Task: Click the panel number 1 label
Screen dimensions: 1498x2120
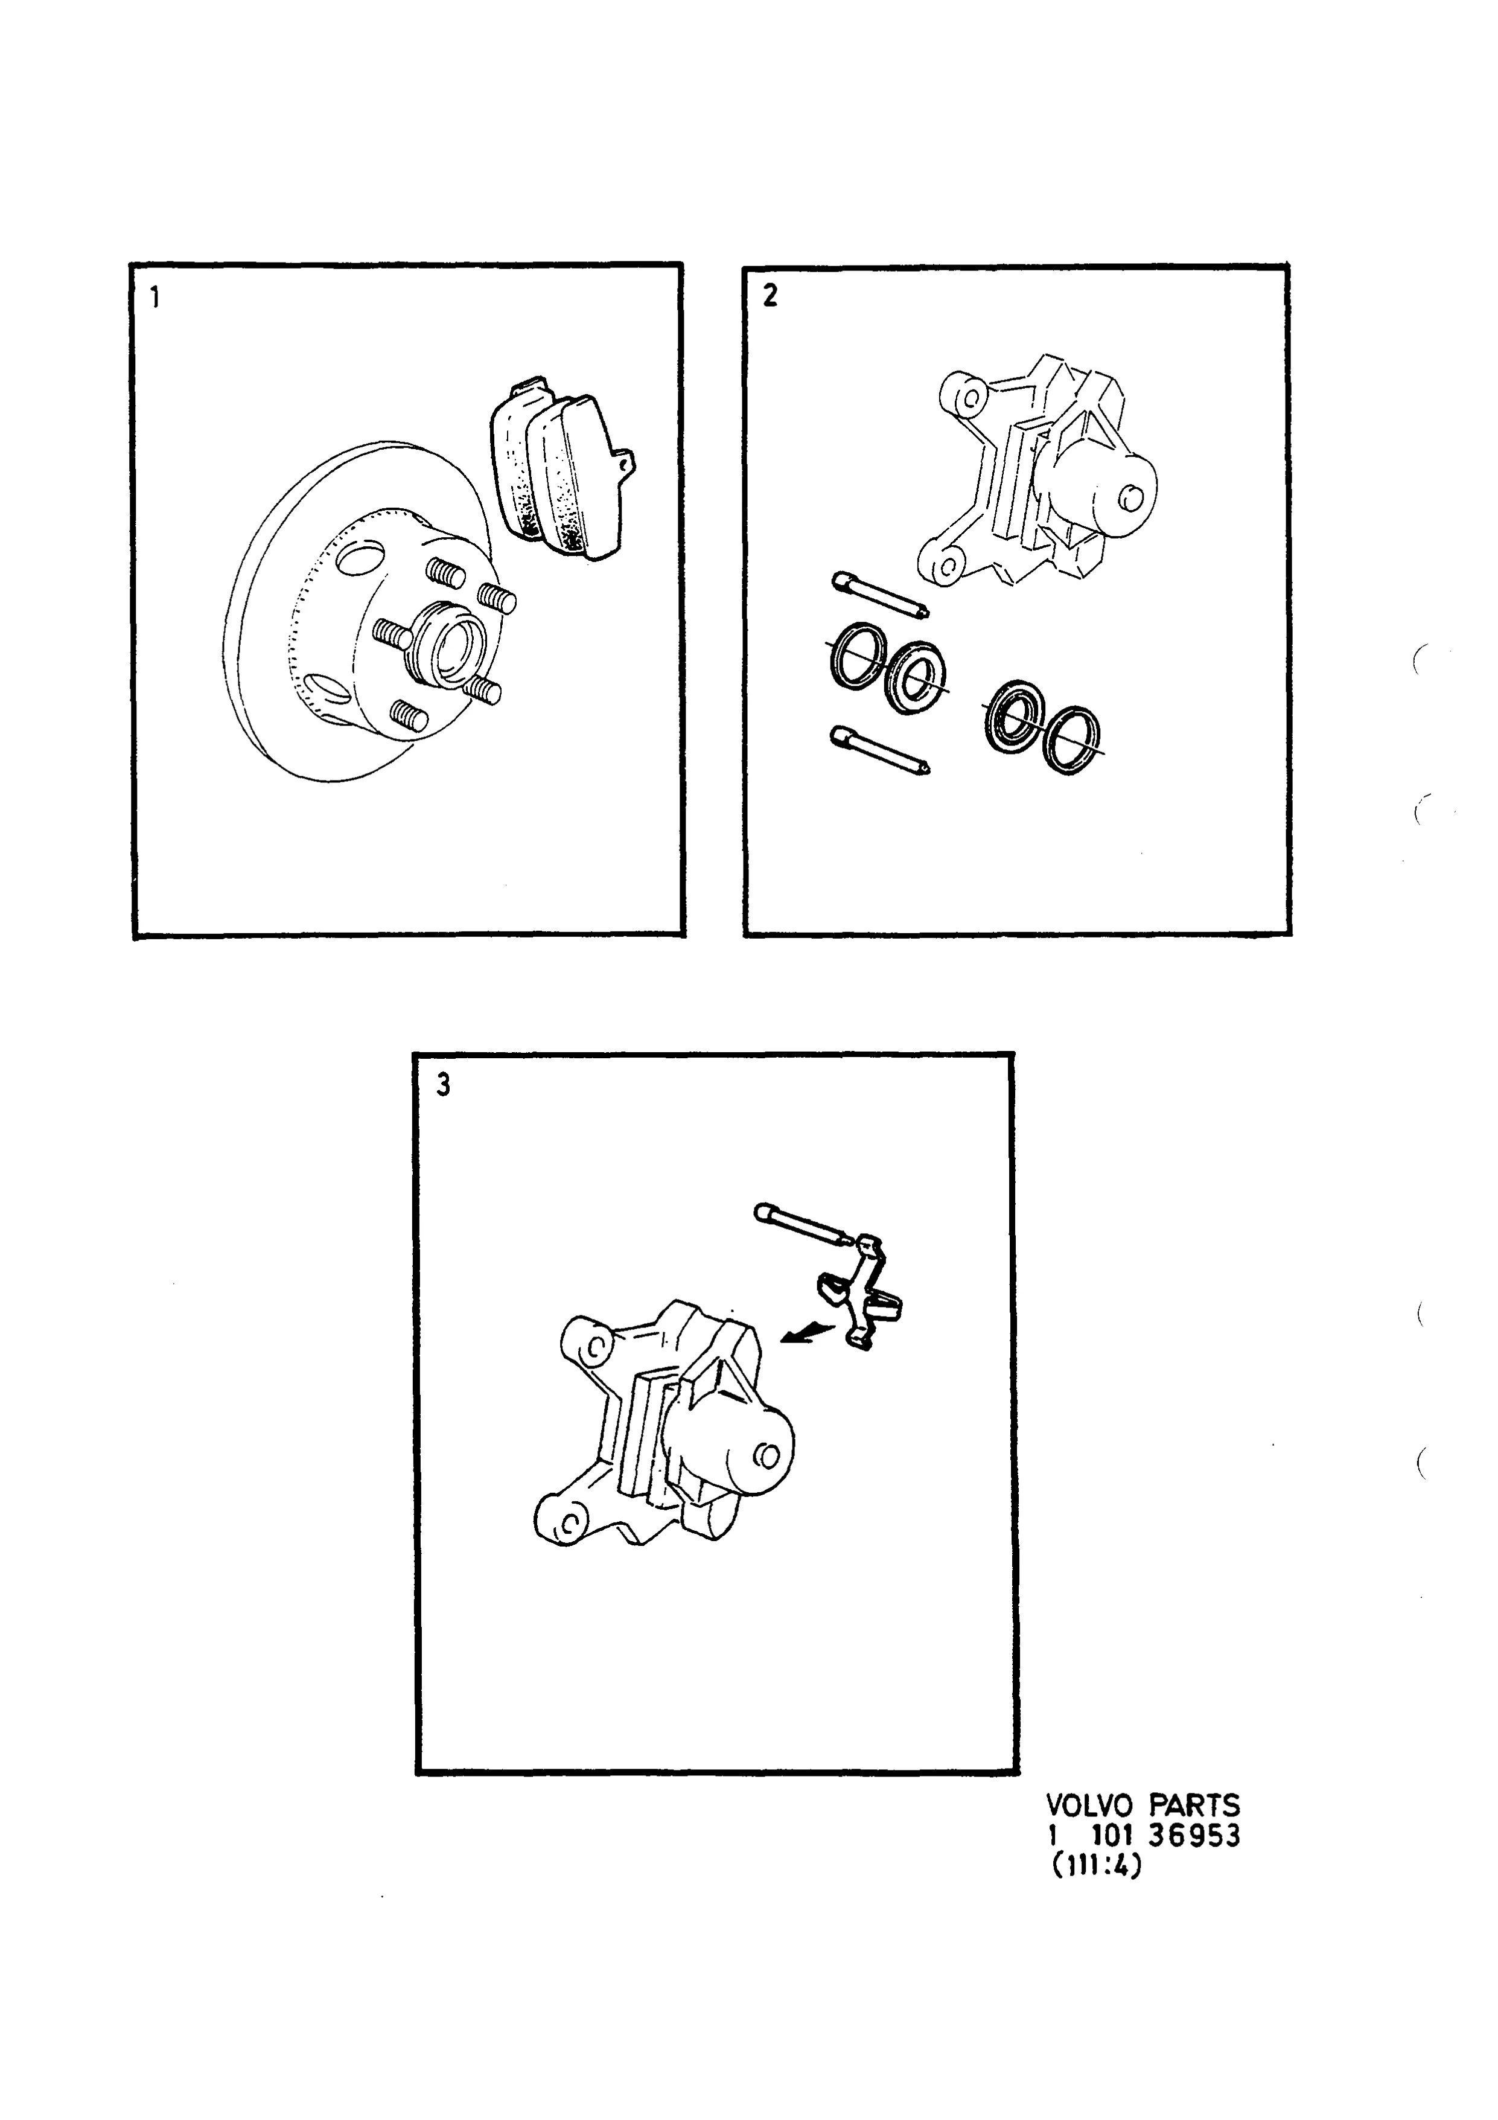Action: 155,298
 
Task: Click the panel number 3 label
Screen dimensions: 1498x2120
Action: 443,1086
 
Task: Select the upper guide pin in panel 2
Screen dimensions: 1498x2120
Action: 879,596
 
